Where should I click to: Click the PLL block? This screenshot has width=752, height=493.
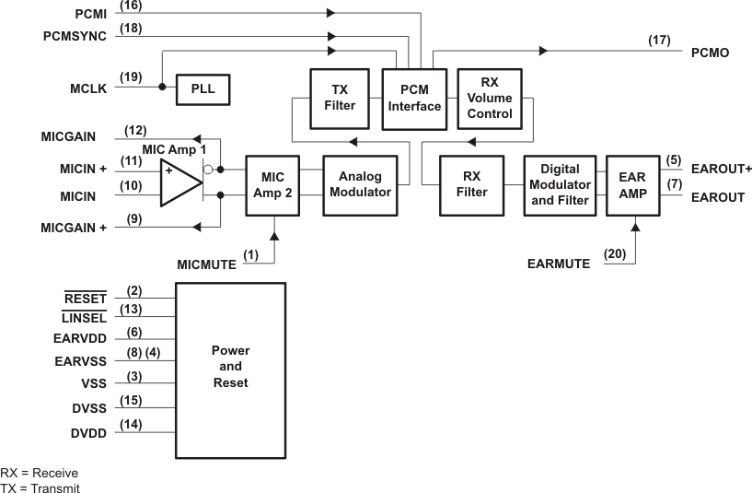tap(202, 88)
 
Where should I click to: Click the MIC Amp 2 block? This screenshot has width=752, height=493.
tap(273, 185)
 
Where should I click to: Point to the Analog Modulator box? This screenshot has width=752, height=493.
tap(358, 185)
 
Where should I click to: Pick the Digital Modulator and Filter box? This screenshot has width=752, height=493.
tap(560, 185)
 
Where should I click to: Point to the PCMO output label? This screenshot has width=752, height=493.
tap(710, 53)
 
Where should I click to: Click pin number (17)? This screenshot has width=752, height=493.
tap(659, 41)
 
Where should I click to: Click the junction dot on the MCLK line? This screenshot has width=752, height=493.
tap(162, 88)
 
